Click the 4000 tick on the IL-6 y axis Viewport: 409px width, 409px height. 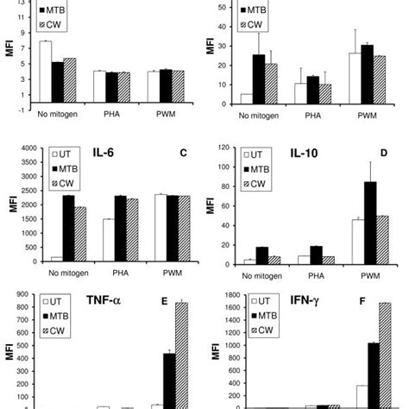[x=24, y=148]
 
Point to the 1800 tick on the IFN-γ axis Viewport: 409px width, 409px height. [x=226, y=296]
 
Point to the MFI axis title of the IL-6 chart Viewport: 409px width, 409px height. [x=8, y=204]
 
